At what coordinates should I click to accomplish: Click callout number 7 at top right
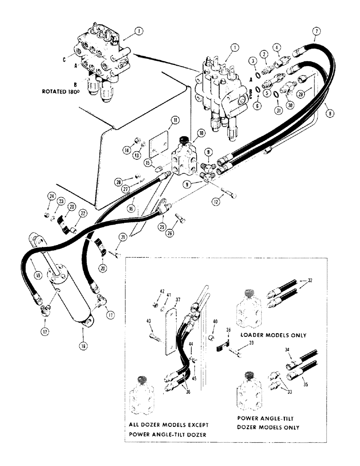coord(317,31)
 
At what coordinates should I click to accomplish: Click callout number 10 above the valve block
coord(201,133)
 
